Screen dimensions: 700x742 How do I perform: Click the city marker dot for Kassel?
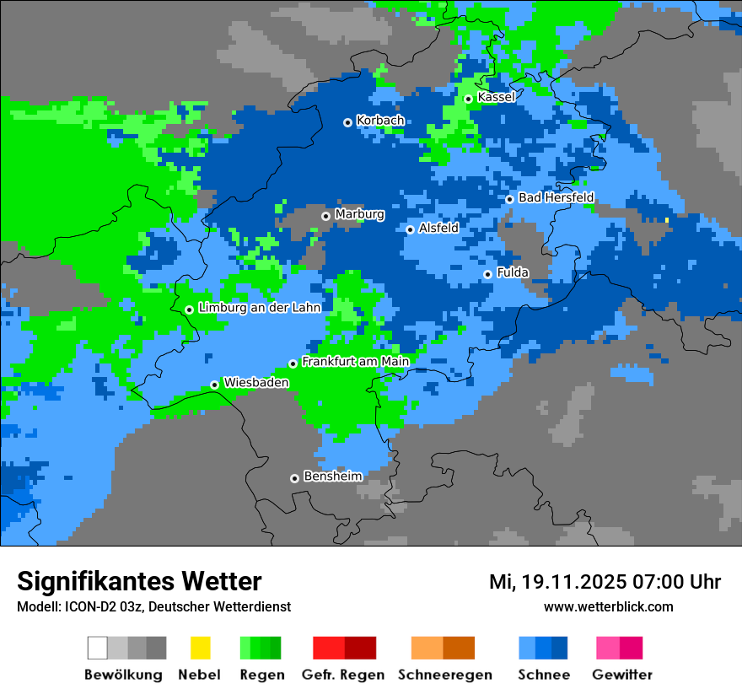468,99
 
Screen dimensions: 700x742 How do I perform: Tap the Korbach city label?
380,121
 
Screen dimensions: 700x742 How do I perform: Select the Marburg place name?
359,214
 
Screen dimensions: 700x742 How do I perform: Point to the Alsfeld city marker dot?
410,229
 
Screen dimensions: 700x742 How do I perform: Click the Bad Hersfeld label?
556,197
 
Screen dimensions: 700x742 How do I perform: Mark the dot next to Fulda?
487,274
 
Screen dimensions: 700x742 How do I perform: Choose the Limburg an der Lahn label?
259,308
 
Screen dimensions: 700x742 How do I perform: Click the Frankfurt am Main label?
355,362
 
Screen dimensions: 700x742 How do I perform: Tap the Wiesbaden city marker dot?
214,385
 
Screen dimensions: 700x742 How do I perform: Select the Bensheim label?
332,477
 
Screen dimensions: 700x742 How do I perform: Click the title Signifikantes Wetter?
139,581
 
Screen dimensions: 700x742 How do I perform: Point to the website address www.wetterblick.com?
608,606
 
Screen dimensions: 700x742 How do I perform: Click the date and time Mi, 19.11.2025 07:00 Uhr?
605,582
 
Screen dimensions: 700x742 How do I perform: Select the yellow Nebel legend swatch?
200,648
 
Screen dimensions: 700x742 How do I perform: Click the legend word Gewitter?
622,675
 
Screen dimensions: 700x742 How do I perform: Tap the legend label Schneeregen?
445,675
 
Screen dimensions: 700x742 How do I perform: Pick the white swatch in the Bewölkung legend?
98,648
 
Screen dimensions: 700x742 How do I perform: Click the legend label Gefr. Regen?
343,675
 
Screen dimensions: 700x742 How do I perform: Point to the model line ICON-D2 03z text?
153,606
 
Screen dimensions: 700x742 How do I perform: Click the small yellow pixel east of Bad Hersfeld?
667,220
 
